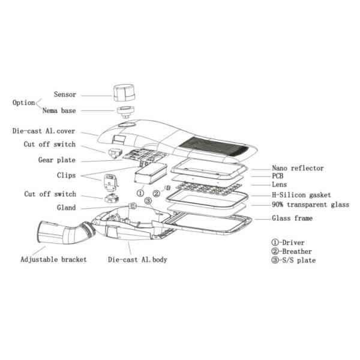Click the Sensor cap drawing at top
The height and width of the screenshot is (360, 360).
tap(124, 93)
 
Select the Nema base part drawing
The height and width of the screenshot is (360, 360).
tap(125, 112)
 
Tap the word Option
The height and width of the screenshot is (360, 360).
tap(23, 103)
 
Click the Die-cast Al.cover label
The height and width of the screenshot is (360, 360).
tap(44, 131)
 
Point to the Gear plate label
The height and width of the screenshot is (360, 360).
tap(57, 160)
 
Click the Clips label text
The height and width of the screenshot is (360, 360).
tap(66, 175)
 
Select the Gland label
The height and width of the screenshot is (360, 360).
tap(66, 208)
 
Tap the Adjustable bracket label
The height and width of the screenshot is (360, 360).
tap(53, 260)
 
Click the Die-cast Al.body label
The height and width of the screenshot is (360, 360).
tap(137, 260)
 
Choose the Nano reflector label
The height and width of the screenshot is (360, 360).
tap(298, 168)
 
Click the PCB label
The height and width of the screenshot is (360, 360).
tap(278, 176)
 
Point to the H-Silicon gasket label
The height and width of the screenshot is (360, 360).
tap(301, 195)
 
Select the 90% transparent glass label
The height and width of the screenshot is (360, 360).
tap(310, 205)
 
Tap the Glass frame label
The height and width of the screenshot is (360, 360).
tap(292, 218)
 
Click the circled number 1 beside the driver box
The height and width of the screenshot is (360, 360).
tap(140, 193)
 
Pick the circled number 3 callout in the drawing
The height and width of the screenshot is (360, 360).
tap(148, 201)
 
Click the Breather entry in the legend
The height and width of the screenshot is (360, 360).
tap(292, 251)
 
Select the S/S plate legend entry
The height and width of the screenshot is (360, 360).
tap(293, 260)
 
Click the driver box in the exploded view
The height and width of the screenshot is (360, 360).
tap(151, 173)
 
